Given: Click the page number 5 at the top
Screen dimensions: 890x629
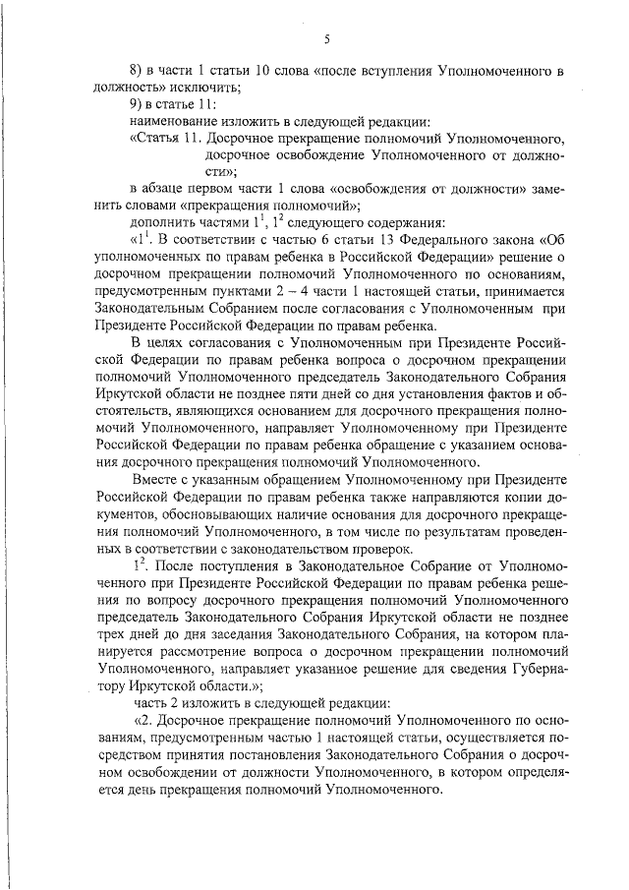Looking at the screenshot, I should (x=326, y=40).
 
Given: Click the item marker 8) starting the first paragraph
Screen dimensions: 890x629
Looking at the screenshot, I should (x=139, y=73).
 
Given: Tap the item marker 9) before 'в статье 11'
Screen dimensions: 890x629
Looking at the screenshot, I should (x=139, y=104).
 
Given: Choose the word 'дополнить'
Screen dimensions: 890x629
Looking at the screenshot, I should (x=163, y=220).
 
